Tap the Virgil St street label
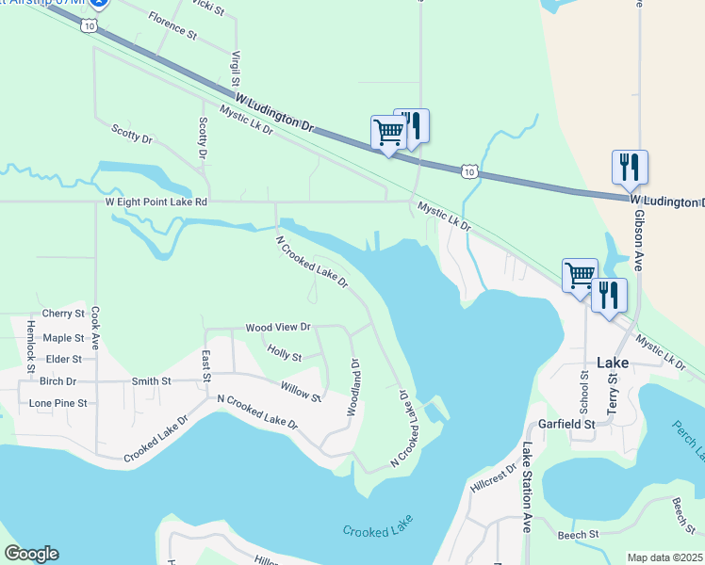point(236,70)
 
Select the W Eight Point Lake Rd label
point(156,202)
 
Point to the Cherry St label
point(63,314)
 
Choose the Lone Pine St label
point(57,403)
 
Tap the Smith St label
point(151,381)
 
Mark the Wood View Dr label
point(278,328)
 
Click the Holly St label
point(284,356)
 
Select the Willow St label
point(301,391)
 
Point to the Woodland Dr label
point(355,387)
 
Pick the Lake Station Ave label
point(528,488)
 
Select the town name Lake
point(615,363)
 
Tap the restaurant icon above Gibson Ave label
point(630,168)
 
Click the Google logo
point(31,554)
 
